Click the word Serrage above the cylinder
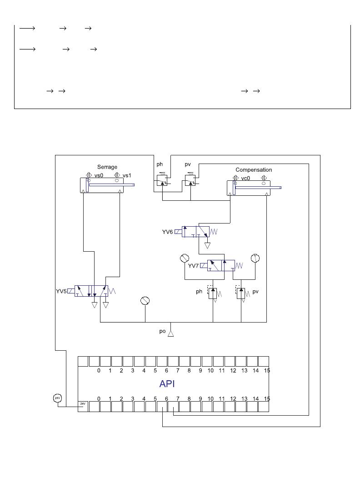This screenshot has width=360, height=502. pyautogui.click(x=107, y=167)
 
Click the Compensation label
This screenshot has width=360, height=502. pyautogui.click(x=254, y=170)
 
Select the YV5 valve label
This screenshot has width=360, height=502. pyautogui.click(x=61, y=291)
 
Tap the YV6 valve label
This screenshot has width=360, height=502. pyautogui.click(x=168, y=232)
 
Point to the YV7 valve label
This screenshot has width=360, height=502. pyautogui.click(x=194, y=266)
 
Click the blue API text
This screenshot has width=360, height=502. pyautogui.click(x=167, y=383)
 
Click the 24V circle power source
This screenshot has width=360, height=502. pyautogui.click(x=57, y=398)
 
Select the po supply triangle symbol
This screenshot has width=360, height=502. pyautogui.click(x=171, y=334)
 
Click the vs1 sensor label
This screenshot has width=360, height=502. pyautogui.click(x=127, y=175)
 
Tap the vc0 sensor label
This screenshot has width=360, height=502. pyautogui.click(x=245, y=179)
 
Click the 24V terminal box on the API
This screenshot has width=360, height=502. pyautogui.click(x=83, y=407)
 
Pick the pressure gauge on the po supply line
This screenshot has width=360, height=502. pyautogui.click(x=145, y=301)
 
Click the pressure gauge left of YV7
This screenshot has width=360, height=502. pyautogui.click(x=185, y=258)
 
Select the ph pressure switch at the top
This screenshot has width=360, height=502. pyautogui.click(x=162, y=180)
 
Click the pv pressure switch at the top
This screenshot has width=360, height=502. pyautogui.click(x=190, y=180)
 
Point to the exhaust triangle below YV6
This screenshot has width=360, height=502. pyautogui.click(x=208, y=246)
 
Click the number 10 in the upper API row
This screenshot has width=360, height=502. pyautogui.click(x=210, y=371)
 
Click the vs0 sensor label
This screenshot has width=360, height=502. pyautogui.click(x=99, y=175)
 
